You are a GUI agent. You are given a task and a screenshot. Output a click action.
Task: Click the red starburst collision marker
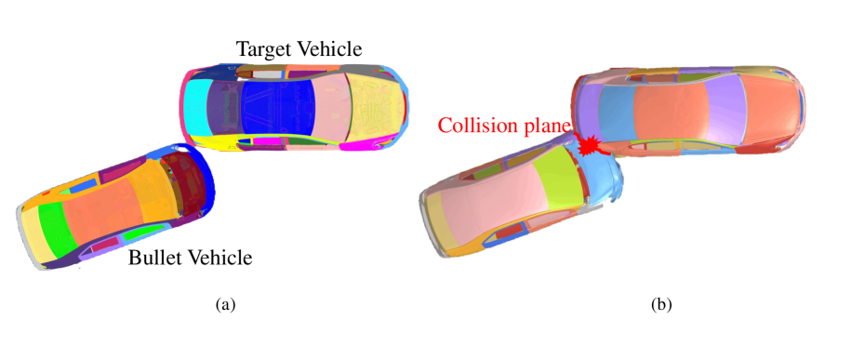588,145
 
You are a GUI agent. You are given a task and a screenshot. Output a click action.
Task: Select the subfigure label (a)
224,304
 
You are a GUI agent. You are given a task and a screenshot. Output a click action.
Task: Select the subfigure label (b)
661,304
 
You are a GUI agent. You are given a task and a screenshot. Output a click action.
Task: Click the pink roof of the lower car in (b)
479,200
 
